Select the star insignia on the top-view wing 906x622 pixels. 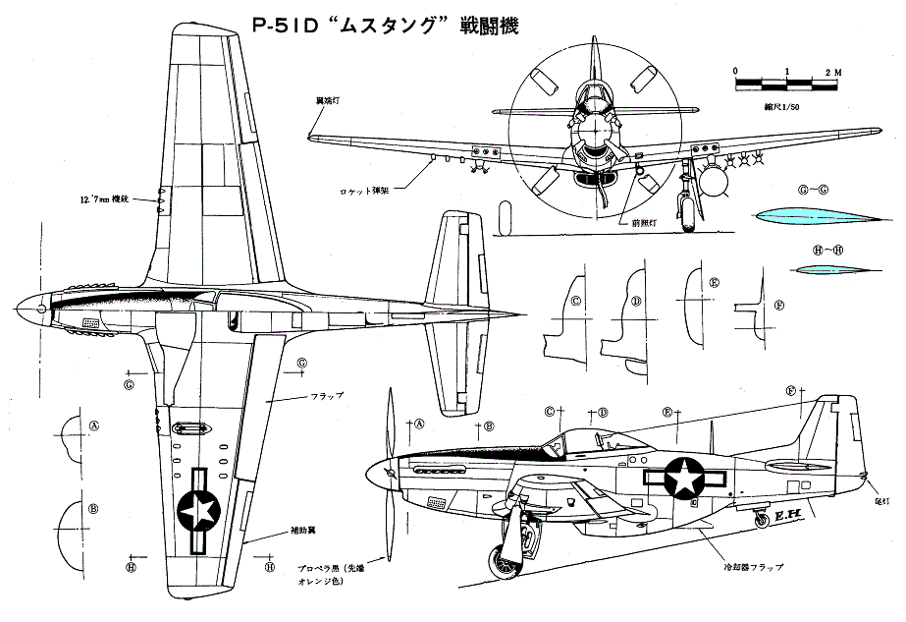[199, 508]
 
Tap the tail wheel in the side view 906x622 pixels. [760, 518]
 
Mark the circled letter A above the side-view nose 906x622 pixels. [418, 424]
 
